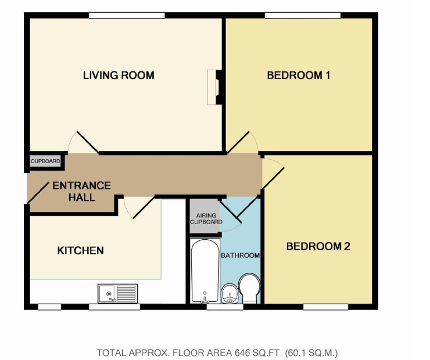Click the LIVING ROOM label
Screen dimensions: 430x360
click(x=119, y=75)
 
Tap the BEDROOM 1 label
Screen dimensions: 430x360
click(x=299, y=75)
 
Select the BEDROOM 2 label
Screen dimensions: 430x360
click(x=318, y=246)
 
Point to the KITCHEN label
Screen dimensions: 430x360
click(x=80, y=250)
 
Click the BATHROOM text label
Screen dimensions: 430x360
click(x=240, y=255)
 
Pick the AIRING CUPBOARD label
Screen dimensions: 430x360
click(x=206, y=219)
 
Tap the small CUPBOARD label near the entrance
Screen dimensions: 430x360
click(x=45, y=161)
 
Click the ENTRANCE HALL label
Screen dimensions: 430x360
click(x=81, y=191)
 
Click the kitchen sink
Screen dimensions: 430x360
click(x=118, y=293)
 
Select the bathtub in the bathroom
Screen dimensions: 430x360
click(x=205, y=271)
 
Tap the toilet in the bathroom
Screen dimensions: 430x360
click(x=249, y=288)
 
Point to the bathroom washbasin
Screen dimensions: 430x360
click(x=230, y=293)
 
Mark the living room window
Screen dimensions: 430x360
click(x=127, y=15)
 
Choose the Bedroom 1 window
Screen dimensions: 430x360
click(x=303, y=15)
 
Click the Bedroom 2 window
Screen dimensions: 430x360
click(x=325, y=307)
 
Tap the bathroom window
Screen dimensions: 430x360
click(x=225, y=307)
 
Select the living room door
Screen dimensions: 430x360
click(x=88, y=142)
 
